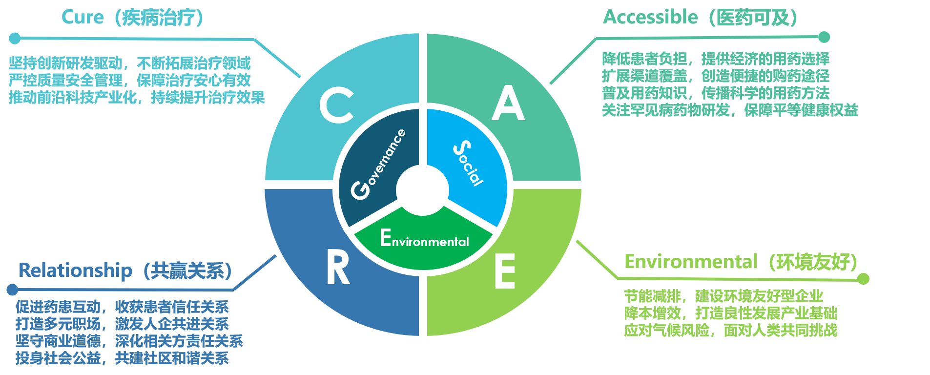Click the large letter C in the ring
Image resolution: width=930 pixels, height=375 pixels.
tap(336, 105)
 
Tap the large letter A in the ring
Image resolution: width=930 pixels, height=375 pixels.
tap(508, 104)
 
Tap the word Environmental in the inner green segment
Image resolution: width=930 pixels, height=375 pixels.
tap(424, 239)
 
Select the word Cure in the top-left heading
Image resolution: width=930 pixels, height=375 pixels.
tap(82, 18)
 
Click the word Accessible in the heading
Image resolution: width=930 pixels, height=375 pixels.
tap(650, 17)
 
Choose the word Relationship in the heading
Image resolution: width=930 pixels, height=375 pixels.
tap(75, 270)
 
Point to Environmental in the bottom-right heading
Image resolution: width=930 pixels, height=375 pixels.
tap(690, 262)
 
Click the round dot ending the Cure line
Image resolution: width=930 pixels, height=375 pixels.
tap(15, 38)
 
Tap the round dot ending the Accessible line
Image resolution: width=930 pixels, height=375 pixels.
tap(824, 37)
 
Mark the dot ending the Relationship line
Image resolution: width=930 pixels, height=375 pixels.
tap(13, 290)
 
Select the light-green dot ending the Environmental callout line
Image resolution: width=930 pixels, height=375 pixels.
tap(863, 279)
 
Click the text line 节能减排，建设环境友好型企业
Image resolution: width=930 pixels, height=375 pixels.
tap(723, 296)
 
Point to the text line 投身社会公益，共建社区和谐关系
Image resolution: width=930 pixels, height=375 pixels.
tap(122, 358)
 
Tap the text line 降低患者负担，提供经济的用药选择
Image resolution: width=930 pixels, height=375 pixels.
tap(715, 59)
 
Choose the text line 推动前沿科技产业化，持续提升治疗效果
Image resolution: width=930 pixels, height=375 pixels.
tap(137, 98)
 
